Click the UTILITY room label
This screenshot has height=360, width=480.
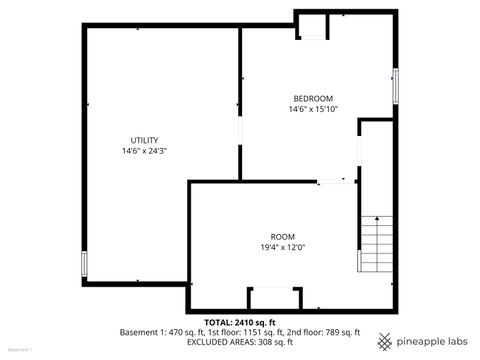click(144, 140)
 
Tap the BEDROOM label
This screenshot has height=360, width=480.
click(313, 98)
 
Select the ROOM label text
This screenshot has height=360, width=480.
click(283, 236)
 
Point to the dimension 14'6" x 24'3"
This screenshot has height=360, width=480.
click(144, 151)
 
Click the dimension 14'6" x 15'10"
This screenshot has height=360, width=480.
click(313, 109)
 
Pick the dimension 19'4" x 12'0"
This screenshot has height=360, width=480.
click(283, 247)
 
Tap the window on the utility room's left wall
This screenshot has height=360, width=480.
click(85, 265)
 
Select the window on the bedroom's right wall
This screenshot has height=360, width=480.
click(396, 86)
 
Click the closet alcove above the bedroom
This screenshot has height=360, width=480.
click(313, 25)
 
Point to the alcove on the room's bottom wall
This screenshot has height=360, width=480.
click(274, 298)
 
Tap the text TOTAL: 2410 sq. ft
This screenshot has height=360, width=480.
click(240, 322)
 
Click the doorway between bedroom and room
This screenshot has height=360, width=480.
click(336, 181)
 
